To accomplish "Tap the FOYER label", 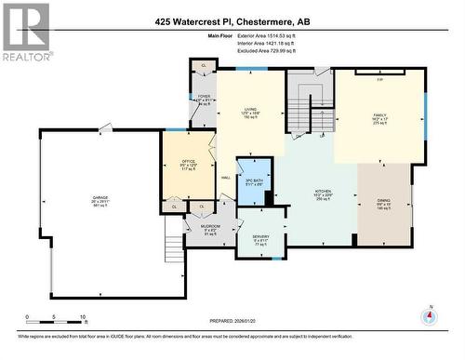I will (x=204, y=96).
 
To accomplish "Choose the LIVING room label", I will (x=250, y=109).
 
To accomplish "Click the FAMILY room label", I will (x=379, y=116).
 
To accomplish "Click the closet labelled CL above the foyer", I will (x=204, y=66).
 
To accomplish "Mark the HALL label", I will (x=225, y=179).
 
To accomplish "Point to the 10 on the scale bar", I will (x=83, y=317).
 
